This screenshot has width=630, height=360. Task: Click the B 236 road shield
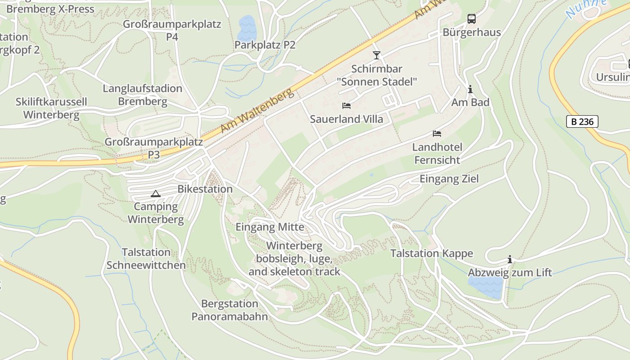(582, 121)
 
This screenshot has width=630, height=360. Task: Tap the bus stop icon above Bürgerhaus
(471, 19)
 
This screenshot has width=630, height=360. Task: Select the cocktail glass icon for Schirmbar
(377, 55)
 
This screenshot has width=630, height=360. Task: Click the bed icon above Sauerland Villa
(346, 106)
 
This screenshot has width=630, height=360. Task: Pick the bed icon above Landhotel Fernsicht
(437, 134)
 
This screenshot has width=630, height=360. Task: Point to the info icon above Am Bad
(470, 90)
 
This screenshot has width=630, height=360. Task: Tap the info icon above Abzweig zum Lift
(510, 260)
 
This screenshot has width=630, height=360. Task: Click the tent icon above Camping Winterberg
(156, 194)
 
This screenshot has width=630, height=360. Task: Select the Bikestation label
(205, 189)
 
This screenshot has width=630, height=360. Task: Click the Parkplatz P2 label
(265, 45)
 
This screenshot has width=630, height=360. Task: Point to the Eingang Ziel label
(449, 179)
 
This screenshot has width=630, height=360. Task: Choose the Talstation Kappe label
(432, 253)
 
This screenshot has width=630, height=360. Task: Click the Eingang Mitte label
(270, 227)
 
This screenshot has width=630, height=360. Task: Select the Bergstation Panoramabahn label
(229, 310)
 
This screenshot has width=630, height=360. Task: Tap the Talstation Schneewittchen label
(146, 259)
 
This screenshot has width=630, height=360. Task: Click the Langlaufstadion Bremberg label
(142, 95)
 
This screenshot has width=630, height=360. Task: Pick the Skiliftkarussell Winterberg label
(51, 108)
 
